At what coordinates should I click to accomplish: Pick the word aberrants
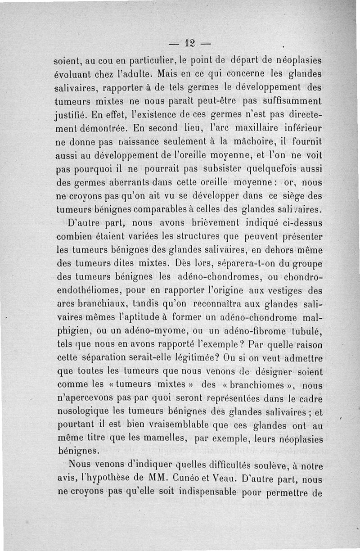pyautogui.click(x=134, y=183)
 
